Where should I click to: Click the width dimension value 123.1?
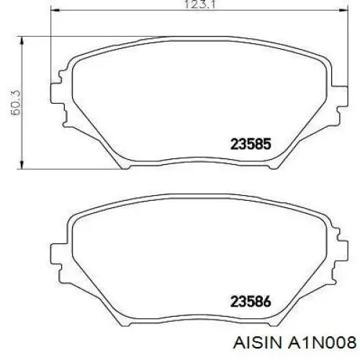pyautogui.click(x=197, y=5)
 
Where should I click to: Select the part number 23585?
pyautogui.click(x=251, y=143)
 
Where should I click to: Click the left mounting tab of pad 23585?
pyautogui.click(x=57, y=94)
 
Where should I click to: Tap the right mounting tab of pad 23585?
pyautogui.click(x=336, y=94)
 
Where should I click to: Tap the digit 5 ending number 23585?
pyautogui.click(x=267, y=143)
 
